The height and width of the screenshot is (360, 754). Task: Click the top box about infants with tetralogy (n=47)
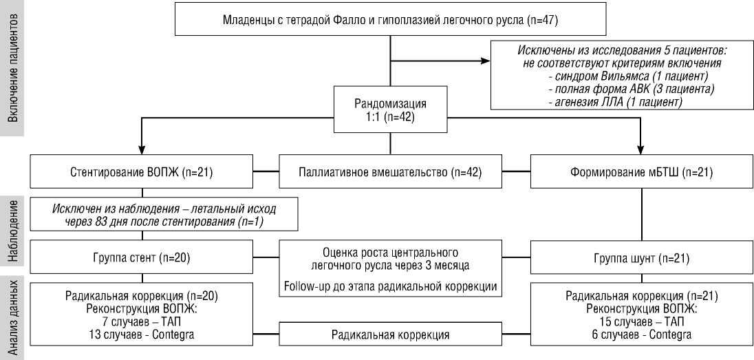tap(390, 19)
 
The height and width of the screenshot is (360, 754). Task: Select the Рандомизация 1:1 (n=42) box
tap(390, 109)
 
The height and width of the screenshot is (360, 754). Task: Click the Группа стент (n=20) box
tap(141, 259)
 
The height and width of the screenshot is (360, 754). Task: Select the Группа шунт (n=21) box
tap(641, 259)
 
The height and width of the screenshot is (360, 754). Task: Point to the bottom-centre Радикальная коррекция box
tap(390, 335)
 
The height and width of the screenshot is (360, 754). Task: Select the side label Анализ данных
tap(13, 316)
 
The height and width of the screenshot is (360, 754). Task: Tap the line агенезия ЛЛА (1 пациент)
tap(614, 102)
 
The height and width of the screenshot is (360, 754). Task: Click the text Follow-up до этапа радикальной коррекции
tap(390, 285)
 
